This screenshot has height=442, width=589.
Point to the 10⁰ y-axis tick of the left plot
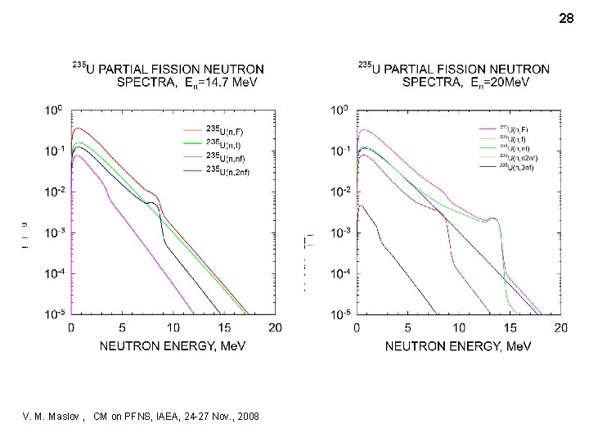tap(53, 109)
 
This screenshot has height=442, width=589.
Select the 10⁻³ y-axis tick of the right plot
tap(339, 232)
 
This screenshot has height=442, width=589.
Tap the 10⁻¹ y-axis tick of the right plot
tap(339, 151)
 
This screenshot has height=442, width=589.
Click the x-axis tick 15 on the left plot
tap(223, 327)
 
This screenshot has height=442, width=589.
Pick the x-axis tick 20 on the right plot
tap(560, 327)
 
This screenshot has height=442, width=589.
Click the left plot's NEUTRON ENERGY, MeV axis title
tap(173, 347)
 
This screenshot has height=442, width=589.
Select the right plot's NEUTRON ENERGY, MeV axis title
tap(459, 347)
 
